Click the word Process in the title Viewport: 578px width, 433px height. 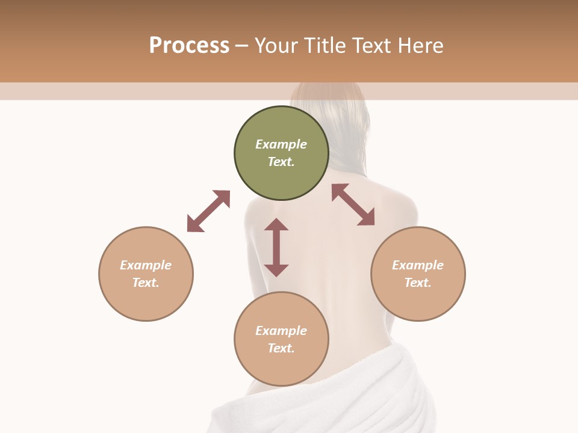coord(189,46)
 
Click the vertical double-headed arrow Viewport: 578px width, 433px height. coord(276,247)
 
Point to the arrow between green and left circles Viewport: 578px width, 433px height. coord(208,211)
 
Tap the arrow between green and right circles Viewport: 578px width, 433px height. coord(353,204)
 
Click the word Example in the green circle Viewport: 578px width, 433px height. coord(281,144)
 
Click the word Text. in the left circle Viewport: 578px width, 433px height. coord(146,283)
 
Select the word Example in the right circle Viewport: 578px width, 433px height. coord(418,265)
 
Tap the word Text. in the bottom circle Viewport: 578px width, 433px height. coord(281,348)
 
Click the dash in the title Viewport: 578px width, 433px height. coord(241,46)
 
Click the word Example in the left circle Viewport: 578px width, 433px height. coord(146,265)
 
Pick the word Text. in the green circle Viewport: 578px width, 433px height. coord(281,162)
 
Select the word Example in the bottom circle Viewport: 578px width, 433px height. coord(281,331)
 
